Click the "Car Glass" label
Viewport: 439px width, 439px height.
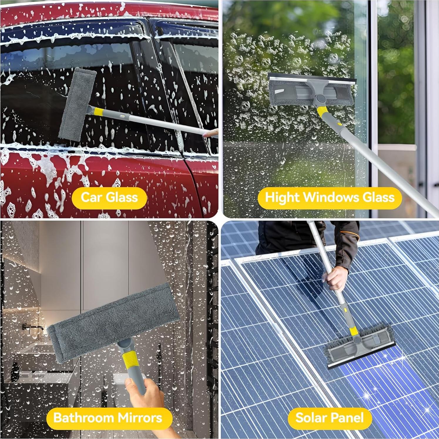[x=109, y=197]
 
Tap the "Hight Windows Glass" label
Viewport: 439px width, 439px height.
[x=329, y=197]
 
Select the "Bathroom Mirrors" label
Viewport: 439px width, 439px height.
[x=108, y=417]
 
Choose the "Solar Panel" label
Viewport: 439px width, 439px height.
[x=329, y=417]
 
